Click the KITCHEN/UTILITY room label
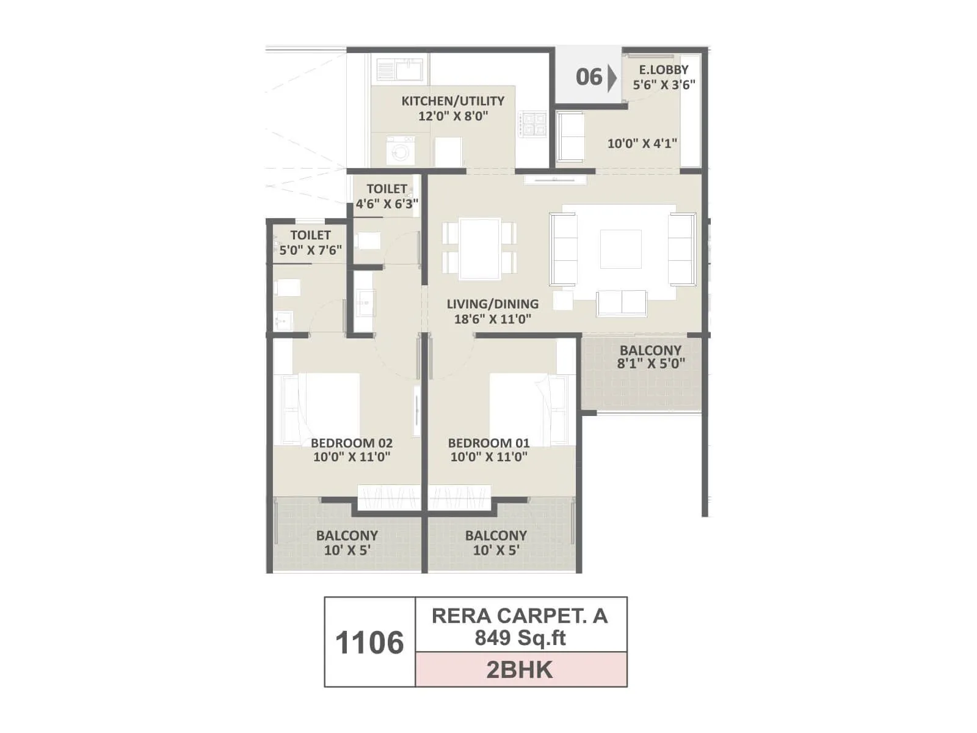(x=452, y=101)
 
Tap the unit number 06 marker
(x=589, y=77)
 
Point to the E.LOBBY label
(x=664, y=70)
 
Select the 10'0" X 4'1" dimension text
(x=642, y=144)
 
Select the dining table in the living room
(x=480, y=248)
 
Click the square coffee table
(x=620, y=249)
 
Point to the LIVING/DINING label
(x=492, y=304)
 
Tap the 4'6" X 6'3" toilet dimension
(x=387, y=204)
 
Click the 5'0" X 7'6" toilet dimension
(x=310, y=250)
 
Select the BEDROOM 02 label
(x=351, y=443)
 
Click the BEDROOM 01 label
(x=488, y=443)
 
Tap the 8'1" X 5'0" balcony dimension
(x=651, y=364)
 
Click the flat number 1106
(x=369, y=643)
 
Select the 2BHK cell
(x=520, y=670)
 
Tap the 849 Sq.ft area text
(x=520, y=638)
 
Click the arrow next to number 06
(x=612, y=78)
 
